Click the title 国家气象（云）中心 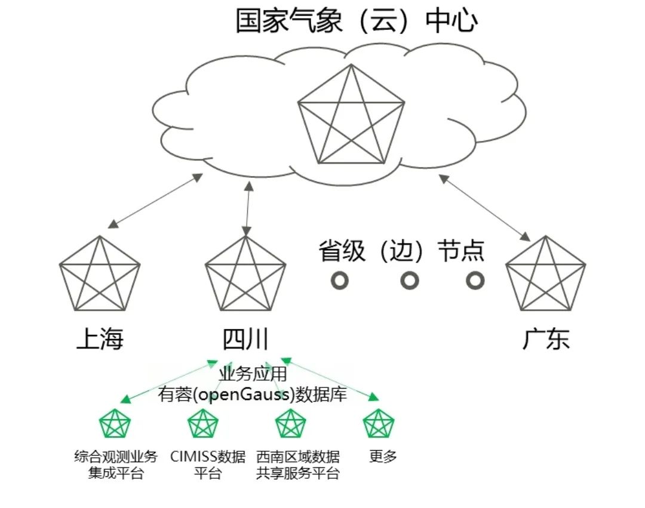pos(357,21)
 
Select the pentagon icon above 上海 pos(100,276)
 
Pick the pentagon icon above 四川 pos(245,276)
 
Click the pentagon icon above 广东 pos(545,276)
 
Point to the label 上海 pos(100,340)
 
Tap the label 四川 pos(245,340)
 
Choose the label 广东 pos(546,340)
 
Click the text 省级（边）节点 pos(401,251)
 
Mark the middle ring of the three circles pos(409,280)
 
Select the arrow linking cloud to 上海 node pos(155,201)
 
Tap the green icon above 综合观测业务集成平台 pos(115,424)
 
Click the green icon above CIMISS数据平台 pos(203,424)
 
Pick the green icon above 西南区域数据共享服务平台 pos(291,424)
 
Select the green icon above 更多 pos(379,424)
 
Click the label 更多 pos(383,457)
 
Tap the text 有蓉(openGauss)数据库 pos(253,395)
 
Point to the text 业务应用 pos(253,375)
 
